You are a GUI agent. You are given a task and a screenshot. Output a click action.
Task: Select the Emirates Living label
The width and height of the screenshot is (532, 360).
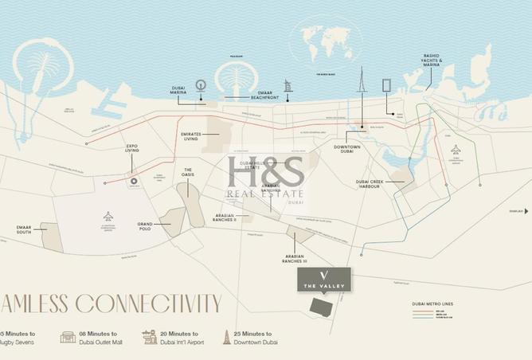pos(190,138)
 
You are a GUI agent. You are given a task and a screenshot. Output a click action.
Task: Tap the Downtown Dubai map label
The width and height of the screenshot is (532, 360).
pos(348,150)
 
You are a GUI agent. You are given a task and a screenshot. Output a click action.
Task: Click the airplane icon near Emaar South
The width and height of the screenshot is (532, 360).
pos(108,216)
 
